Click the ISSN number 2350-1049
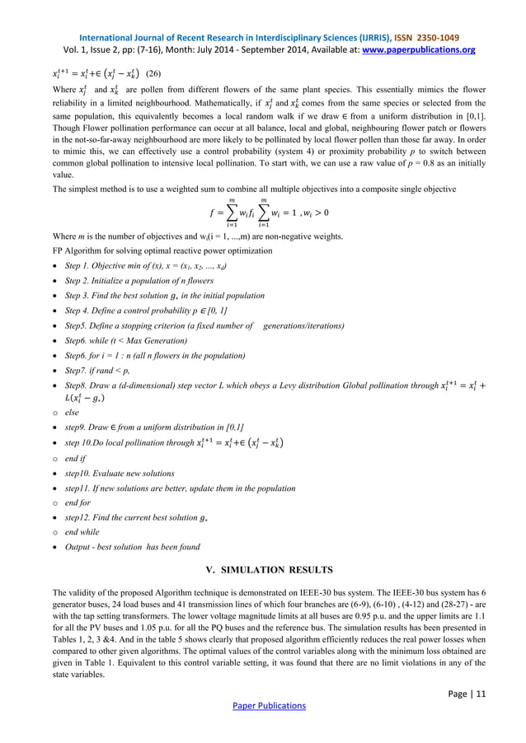click(434, 38)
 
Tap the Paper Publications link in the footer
click(262, 706)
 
